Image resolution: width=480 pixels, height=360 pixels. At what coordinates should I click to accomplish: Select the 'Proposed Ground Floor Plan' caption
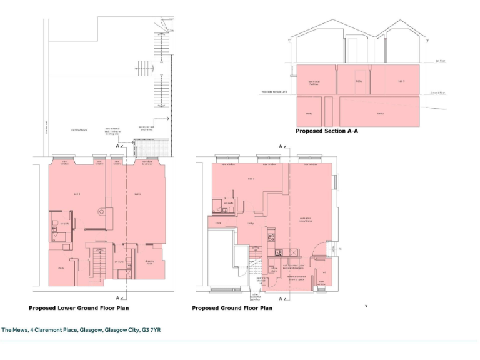(x=232, y=308)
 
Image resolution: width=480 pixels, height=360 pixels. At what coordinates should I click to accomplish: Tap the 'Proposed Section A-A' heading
(x=326, y=132)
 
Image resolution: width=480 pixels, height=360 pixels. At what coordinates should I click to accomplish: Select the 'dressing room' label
(x=150, y=262)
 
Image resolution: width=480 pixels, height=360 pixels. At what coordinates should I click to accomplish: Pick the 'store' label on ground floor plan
(x=218, y=222)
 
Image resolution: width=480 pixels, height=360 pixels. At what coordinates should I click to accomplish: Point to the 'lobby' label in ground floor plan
(x=249, y=223)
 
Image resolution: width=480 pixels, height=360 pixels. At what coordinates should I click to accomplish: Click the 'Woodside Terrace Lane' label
(x=274, y=92)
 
